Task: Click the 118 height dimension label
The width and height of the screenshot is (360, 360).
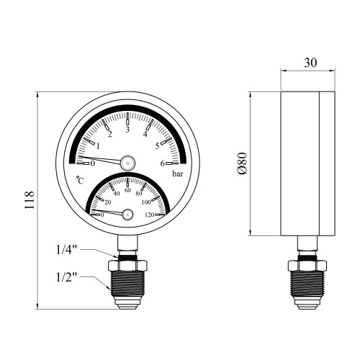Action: pyautogui.click(x=30, y=201)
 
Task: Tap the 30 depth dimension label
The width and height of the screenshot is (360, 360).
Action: pyautogui.click(x=310, y=63)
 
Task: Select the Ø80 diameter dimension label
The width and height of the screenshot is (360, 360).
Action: pyautogui.click(x=242, y=163)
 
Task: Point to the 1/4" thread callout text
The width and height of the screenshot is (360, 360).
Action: pyautogui.click(x=66, y=250)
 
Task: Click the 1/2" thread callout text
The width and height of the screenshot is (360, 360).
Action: pyautogui.click(x=66, y=277)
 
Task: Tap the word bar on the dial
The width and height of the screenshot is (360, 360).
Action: pyautogui.click(x=178, y=174)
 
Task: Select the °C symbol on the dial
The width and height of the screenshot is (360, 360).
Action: pyautogui.click(x=80, y=180)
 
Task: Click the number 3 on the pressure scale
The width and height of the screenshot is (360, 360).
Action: pyautogui.click(x=127, y=130)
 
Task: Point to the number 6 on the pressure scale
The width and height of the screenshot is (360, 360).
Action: pyautogui.click(x=163, y=163)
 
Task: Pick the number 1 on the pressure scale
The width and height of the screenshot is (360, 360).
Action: pyautogui.click(x=98, y=146)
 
